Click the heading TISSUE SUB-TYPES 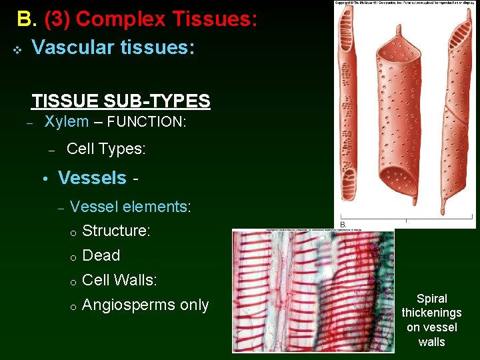(x=121, y=101)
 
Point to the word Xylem (x=66, y=121)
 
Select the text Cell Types (x=105, y=149)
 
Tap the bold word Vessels (x=92, y=178)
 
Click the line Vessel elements (x=130, y=207)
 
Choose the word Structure (x=115, y=231)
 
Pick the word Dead (x=101, y=255)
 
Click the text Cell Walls (x=119, y=280)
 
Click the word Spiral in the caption (x=431, y=299)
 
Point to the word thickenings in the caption (x=431, y=313)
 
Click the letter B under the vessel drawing (x=343, y=224)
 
